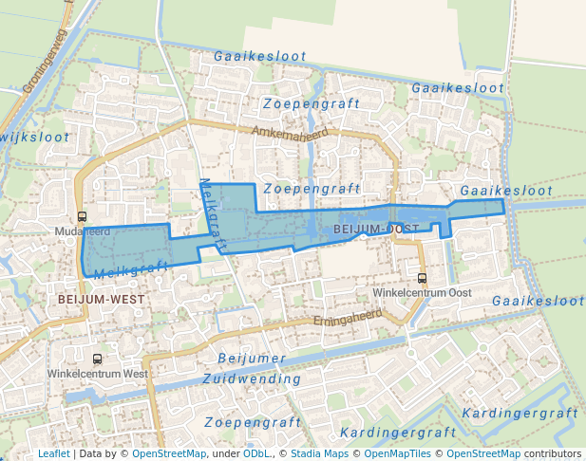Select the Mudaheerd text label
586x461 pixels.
click(x=84, y=230)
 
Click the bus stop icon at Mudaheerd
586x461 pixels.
click(x=83, y=216)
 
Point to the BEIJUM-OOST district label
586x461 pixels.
click(x=377, y=230)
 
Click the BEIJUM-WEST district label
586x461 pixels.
click(x=101, y=299)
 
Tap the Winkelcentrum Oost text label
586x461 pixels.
click(x=422, y=292)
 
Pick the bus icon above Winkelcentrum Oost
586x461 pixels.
click(x=422, y=278)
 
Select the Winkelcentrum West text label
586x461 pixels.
click(x=98, y=374)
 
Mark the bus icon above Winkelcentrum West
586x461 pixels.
click(x=97, y=360)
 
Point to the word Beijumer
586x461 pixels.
click(x=252, y=358)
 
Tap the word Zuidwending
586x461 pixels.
click(x=252, y=378)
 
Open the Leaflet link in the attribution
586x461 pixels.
click(x=53, y=453)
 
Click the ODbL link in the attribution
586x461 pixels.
click(x=256, y=453)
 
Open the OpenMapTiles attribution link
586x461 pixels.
click(x=395, y=453)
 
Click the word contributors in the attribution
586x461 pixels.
click(x=552, y=453)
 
